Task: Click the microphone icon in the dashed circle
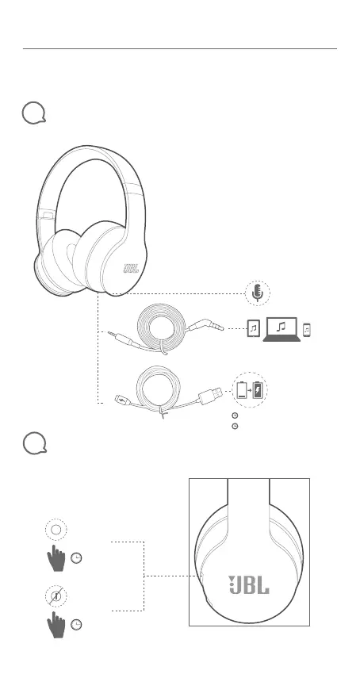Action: (257, 293)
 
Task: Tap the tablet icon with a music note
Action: (254, 329)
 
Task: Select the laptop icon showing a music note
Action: (281, 330)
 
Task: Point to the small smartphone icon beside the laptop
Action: (307, 330)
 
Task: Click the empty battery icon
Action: (242, 390)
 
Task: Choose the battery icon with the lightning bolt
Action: (258, 390)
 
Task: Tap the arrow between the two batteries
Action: (250, 391)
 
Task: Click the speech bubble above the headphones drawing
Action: (33, 113)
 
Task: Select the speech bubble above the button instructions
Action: (34, 442)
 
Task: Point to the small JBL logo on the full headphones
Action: (131, 269)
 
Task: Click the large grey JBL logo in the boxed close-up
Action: (249, 585)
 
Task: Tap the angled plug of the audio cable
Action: (209, 324)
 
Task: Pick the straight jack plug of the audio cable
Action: (123, 336)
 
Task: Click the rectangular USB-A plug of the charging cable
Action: (210, 394)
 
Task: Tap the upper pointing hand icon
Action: (56, 558)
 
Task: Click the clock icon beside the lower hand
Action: (76, 624)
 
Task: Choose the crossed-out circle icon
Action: (56, 596)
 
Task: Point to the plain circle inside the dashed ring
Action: (56, 530)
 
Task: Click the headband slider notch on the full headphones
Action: (48, 214)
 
